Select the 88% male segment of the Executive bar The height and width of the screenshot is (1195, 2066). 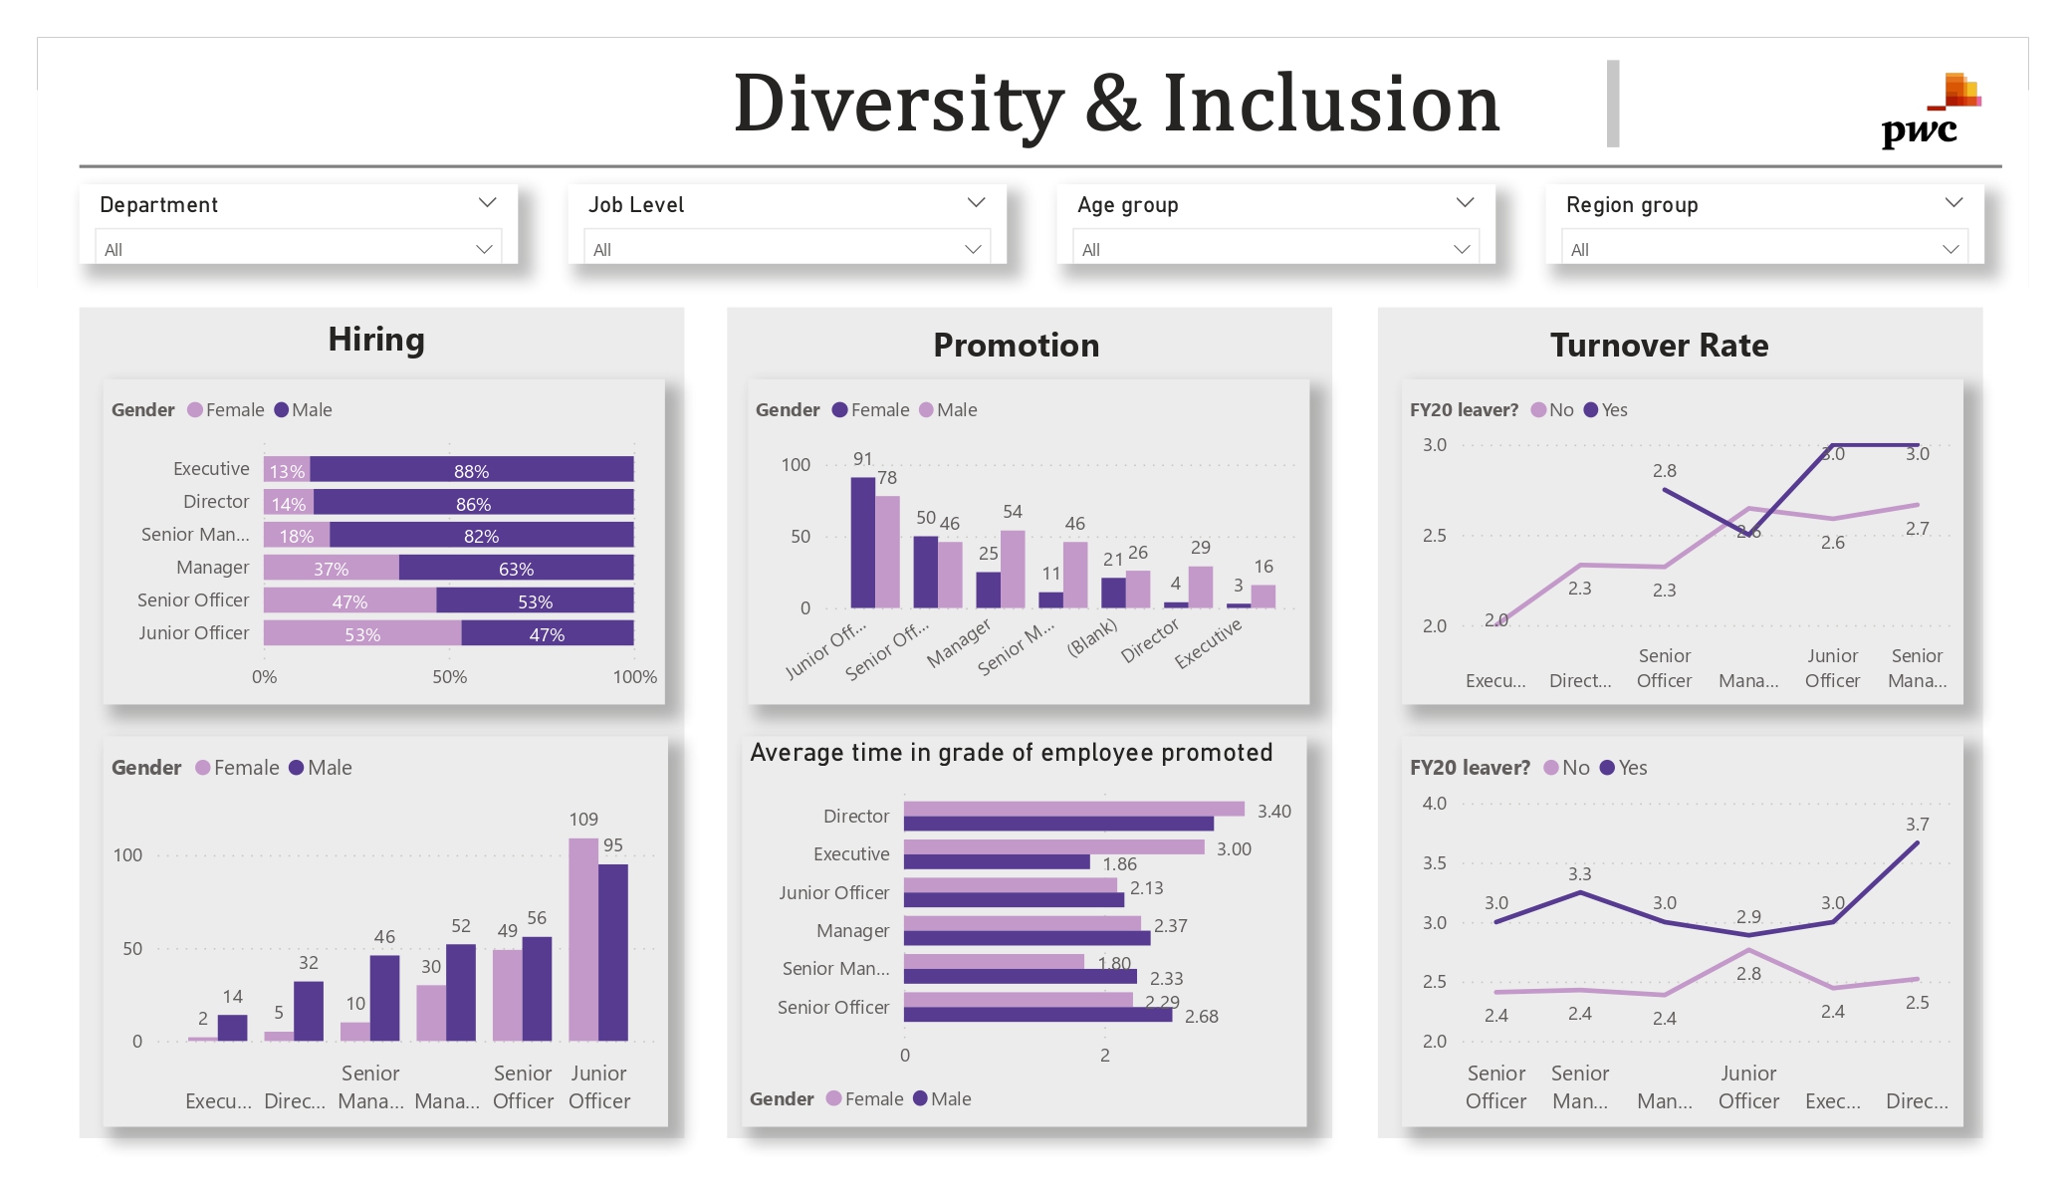(x=471, y=470)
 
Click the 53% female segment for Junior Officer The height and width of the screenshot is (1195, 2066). (x=361, y=634)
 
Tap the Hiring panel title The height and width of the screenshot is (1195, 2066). (x=376, y=340)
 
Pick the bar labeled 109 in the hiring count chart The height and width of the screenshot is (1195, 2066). (x=583, y=938)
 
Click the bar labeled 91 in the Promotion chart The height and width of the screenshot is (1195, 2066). (x=862, y=542)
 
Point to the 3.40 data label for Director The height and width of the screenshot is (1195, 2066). (x=1273, y=812)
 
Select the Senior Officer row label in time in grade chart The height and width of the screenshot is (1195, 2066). (x=832, y=1008)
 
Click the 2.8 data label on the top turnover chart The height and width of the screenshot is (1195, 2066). (x=1664, y=471)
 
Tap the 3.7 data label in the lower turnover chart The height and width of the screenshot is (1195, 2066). (x=1917, y=825)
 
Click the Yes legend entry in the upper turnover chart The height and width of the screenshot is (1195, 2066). (x=1606, y=410)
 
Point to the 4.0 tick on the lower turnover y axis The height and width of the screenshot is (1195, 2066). (x=1434, y=804)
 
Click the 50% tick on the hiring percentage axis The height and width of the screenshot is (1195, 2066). (x=449, y=677)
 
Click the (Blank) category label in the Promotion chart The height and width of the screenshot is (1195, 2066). (x=1092, y=637)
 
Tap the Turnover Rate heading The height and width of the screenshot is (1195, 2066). (x=1659, y=346)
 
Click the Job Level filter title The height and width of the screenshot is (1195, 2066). (x=636, y=205)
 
